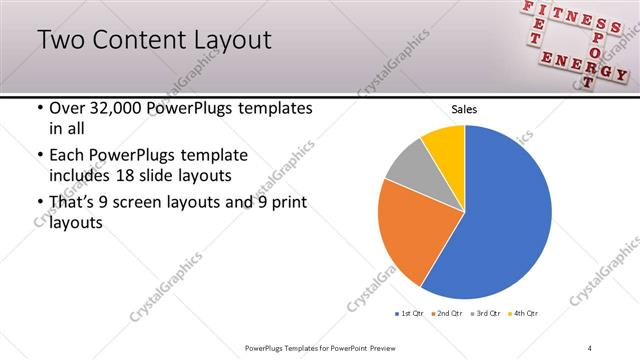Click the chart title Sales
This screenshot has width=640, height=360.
coord(464,109)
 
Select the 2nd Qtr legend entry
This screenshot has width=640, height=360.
coord(446,314)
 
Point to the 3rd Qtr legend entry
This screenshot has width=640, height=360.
coord(484,314)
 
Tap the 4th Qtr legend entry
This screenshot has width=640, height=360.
coord(523,314)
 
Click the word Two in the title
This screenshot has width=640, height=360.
coord(62,41)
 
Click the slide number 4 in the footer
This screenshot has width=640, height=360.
coord(590,347)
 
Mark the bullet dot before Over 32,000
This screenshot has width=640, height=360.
coord(39,108)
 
